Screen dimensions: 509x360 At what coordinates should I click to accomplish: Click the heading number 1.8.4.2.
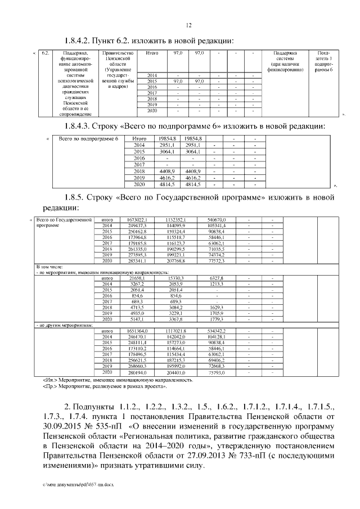80,40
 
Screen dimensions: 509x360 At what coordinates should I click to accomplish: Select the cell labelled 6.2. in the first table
46,53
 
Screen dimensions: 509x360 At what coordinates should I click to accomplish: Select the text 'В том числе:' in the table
49,267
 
